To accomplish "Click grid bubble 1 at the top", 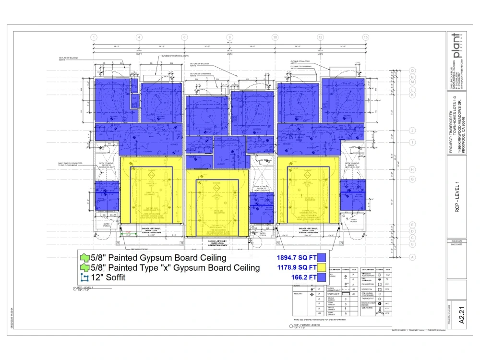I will point(94,37).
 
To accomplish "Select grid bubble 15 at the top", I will point(365,37).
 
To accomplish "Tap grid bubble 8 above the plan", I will point(229,37).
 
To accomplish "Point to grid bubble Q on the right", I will point(412,70).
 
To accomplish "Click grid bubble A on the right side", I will point(412,257).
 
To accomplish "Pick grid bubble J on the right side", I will point(412,131).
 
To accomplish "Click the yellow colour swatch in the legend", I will point(322,267).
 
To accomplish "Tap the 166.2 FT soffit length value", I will point(303,277).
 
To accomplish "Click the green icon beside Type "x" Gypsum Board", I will point(84,267).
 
